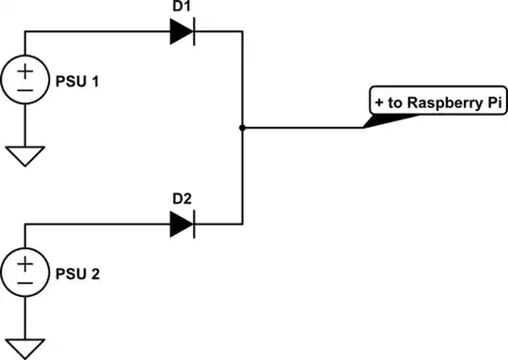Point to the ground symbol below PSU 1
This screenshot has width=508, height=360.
pyautogui.click(x=25, y=154)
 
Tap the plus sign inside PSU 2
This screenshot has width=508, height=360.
pyautogui.click(x=25, y=264)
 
